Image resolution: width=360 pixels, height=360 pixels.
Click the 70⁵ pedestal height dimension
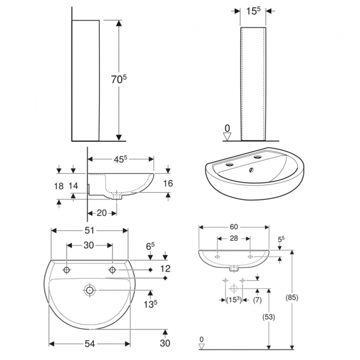coord(117,80)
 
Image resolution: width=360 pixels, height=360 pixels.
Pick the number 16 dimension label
coord(169,183)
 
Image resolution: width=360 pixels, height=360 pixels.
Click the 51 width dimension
coord(90,230)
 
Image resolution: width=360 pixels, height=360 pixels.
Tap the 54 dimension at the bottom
coord(90,344)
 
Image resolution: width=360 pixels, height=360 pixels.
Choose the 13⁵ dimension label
coord(150,304)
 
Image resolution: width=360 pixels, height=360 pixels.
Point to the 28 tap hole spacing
coord(233,238)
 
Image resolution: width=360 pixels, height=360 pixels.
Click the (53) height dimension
coord(269,317)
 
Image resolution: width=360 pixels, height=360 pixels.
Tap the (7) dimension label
coord(257,300)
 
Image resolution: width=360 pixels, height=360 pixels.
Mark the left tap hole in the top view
coord(67,270)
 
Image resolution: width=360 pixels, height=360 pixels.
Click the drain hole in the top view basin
coord(89,290)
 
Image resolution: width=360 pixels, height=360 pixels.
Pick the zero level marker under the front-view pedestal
coord(227,133)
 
